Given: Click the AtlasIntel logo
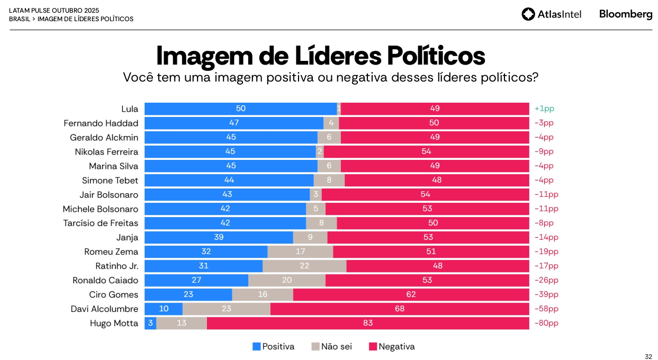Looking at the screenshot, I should tap(551, 14).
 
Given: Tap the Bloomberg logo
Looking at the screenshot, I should tap(625, 14).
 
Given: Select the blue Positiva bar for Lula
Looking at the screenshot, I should tap(240, 109).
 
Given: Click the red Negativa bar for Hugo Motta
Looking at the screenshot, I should tap(368, 323).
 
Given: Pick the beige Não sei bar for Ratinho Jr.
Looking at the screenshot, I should tap(304, 266).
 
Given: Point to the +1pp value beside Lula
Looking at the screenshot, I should tap(544, 109).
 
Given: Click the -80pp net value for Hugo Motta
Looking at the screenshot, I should tap(546, 323).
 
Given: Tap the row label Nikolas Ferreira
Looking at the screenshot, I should tap(106, 152).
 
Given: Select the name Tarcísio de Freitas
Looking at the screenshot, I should tap(101, 223).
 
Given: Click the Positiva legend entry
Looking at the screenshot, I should tap(273, 347).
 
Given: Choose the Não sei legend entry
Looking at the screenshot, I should tap(331, 347).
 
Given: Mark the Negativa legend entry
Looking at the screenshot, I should tap(392, 347).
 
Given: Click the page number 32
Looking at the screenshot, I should tap(648, 356).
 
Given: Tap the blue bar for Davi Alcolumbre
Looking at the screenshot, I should tap(164, 309).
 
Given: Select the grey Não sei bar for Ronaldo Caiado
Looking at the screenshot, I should tap(287, 280).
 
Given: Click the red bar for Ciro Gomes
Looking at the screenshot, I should tap(411, 294).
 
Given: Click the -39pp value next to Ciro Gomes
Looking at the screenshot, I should tap(546, 294).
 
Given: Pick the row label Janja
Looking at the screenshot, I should tap(127, 237).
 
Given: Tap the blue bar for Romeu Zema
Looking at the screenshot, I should tap(206, 251).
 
